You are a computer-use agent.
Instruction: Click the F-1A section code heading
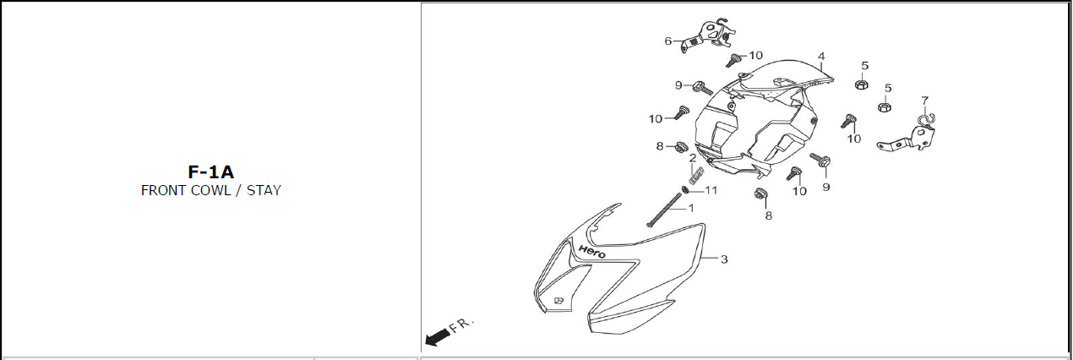pyautogui.click(x=210, y=172)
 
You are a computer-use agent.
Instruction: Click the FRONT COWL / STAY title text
pyautogui.click(x=210, y=190)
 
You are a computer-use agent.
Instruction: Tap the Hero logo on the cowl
pyautogui.click(x=591, y=250)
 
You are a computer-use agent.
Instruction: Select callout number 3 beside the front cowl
pyautogui.click(x=724, y=259)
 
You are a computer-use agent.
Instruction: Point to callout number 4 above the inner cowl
pyautogui.click(x=820, y=56)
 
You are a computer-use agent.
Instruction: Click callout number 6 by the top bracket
pyautogui.click(x=667, y=41)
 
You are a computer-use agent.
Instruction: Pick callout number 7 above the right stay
pyautogui.click(x=924, y=100)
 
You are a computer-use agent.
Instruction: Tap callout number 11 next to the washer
pyautogui.click(x=711, y=190)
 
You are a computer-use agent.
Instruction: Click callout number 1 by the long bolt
pyautogui.click(x=690, y=207)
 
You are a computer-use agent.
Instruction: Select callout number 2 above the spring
pyautogui.click(x=693, y=158)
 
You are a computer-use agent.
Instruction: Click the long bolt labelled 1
pyautogui.click(x=665, y=210)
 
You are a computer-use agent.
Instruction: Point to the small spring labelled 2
pyautogui.click(x=695, y=175)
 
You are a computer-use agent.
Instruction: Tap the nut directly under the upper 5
pyautogui.click(x=861, y=84)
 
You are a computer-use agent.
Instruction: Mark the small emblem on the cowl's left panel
pyautogui.click(x=558, y=300)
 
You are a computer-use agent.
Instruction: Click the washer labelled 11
pyautogui.click(x=686, y=189)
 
